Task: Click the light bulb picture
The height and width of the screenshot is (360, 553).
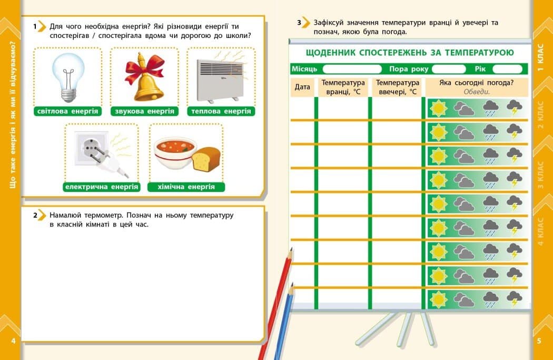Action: pyautogui.click(x=68, y=77)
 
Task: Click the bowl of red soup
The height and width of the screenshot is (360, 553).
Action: pyautogui.click(x=174, y=153)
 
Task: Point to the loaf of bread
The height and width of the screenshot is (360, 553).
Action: pyautogui.click(x=206, y=159)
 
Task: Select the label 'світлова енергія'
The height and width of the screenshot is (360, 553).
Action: pyautogui.click(x=68, y=111)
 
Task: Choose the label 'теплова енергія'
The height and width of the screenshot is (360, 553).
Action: pyautogui.click(x=221, y=111)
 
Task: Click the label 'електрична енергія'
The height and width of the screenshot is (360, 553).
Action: pyautogui.click(x=102, y=187)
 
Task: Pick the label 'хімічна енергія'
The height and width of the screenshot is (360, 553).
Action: pyautogui.click(x=186, y=187)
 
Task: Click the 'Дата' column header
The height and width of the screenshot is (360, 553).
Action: pyautogui.click(x=302, y=87)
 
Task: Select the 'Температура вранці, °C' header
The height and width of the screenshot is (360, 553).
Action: pyautogui.click(x=343, y=87)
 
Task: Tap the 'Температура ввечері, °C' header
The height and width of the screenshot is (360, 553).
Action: pyautogui.click(x=398, y=87)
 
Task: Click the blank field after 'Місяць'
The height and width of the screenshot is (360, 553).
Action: pyautogui.click(x=352, y=69)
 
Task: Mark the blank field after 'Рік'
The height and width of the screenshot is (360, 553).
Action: pyautogui.click(x=507, y=69)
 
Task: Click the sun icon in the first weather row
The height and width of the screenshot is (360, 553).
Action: pyautogui.click(x=438, y=108)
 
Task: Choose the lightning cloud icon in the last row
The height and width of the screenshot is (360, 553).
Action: pyautogui.click(x=514, y=299)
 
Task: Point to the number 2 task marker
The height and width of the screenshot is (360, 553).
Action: pyautogui.click(x=37, y=216)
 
